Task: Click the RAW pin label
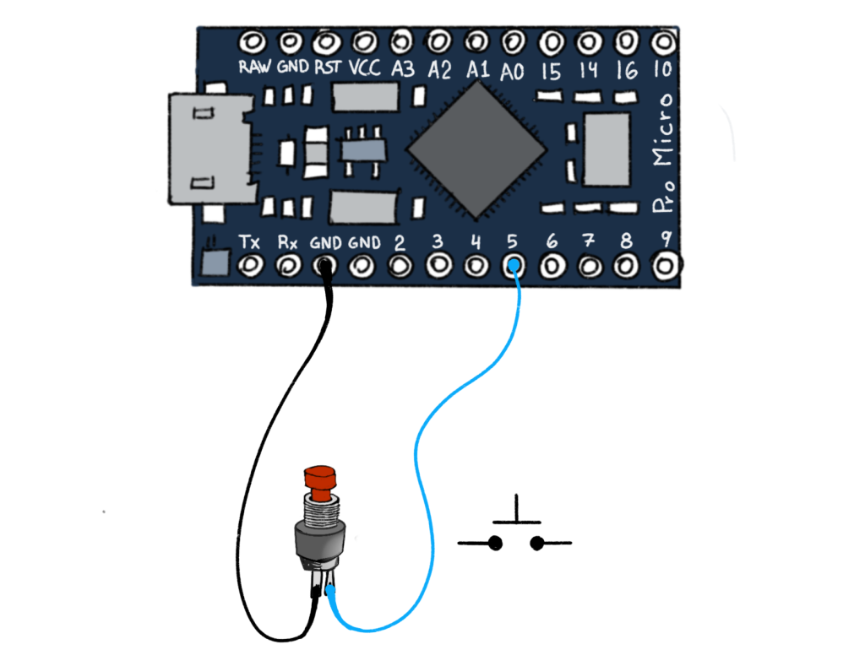(254, 68)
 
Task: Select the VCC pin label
(364, 68)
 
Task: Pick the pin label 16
(626, 70)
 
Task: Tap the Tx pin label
(249, 242)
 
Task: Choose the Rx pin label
(288, 242)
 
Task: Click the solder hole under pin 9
(666, 265)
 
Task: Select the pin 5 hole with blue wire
(513, 267)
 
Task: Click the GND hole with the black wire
(325, 266)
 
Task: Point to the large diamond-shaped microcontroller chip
(476, 149)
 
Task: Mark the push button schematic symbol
(514, 532)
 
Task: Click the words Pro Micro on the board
(664, 152)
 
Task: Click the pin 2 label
(400, 243)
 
